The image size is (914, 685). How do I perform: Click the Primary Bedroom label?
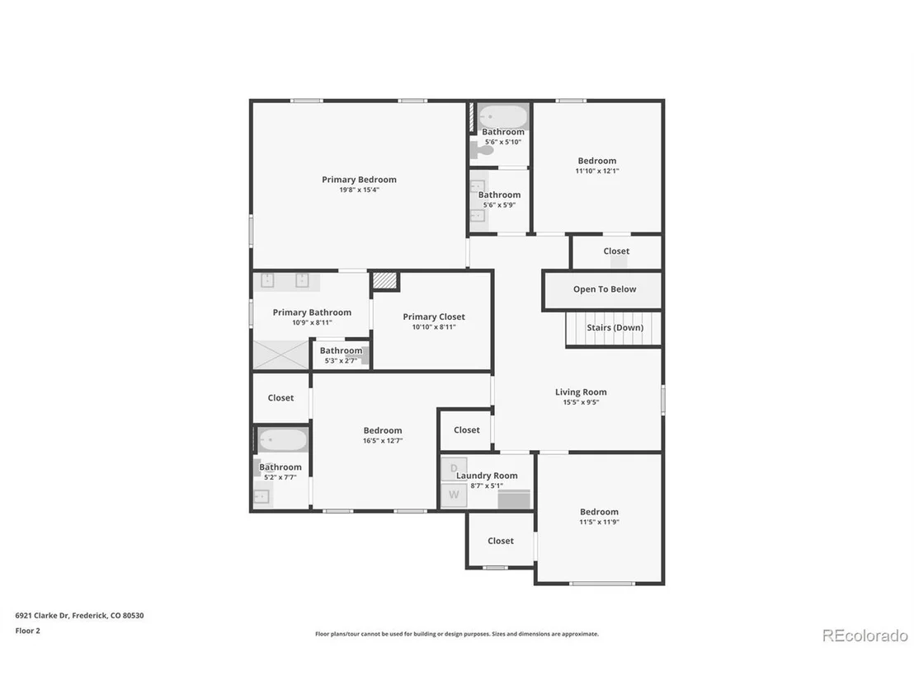pyautogui.click(x=359, y=180)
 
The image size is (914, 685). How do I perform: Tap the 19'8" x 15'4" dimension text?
pyautogui.click(x=359, y=190)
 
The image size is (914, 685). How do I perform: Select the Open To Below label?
pyautogui.click(x=605, y=289)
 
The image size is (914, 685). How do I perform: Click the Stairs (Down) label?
pyautogui.click(x=615, y=327)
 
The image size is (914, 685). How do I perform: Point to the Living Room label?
pyautogui.click(x=581, y=392)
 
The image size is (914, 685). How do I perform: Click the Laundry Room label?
pyautogui.click(x=487, y=476)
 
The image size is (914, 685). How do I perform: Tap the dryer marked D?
pyautogui.click(x=454, y=469)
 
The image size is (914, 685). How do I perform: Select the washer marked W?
pyautogui.click(x=454, y=495)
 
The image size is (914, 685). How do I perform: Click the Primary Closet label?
pyautogui.click(x=434, y=317)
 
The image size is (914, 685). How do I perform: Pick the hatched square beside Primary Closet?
pyautogui.click(x=385, y=281)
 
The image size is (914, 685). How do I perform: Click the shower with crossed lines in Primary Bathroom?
pyautogui.click(x=280, y=354)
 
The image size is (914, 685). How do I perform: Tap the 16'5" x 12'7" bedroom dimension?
pyautogui.click(x=383, y=441)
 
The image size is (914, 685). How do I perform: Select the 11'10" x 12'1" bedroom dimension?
pyautogui.click(x=597, y=171)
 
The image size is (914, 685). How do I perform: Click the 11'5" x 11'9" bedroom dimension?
pyautogui.click(x=599, y=523)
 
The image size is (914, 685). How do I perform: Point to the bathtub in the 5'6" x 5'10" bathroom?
pyautogui.click(x=503, y=117)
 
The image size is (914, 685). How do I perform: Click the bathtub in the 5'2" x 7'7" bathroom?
pyautogui.click(x=283, y=440)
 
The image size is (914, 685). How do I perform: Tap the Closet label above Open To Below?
pyautogui.click(x=616, y=251)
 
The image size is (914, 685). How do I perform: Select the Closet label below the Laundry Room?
pyautogui.click(x=501, y=541)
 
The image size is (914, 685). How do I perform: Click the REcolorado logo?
pyautogui.click(x=865, y=636)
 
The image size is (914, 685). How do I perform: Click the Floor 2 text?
pyautogui.click(x=27, y=631)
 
